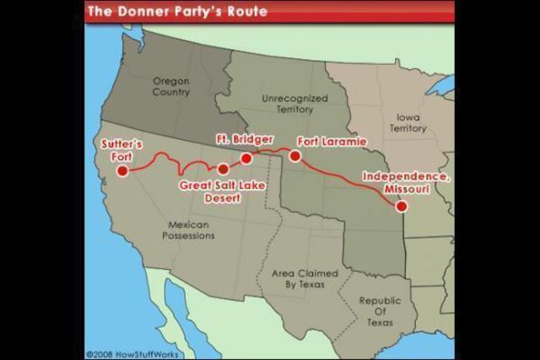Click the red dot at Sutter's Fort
click(x=122, y=171)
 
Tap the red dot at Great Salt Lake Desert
click(x=224, y=169)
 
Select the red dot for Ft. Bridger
click(x=246, y=159)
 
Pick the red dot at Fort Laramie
click(x=295, y=156)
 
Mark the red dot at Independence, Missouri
click(x=402, y=206)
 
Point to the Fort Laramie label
click(x=332, y=141)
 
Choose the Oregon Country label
click(x=170, y=86)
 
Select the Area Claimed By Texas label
click(x=305, y=279)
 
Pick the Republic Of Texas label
click(x=381, y=311)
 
